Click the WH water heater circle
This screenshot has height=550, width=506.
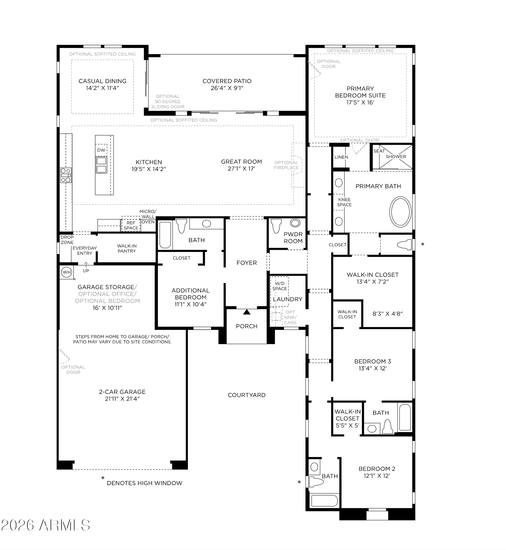tap(67, 272)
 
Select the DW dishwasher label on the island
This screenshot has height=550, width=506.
tap(101, 150)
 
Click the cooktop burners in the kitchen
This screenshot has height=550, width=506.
tap(66, 175)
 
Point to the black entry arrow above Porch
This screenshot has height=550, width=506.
tap(247, 312)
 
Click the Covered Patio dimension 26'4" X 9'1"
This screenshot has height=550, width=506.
tap(227, 88)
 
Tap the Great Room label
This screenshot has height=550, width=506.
tap(241, 162)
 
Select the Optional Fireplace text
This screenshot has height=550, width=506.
tap(286, 165)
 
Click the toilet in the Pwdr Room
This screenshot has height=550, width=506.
tap(276, 226)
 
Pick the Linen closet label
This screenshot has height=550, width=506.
tap(341, 157)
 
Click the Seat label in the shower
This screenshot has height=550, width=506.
tap(379, 151)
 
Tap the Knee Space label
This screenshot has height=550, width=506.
tap(344, 202)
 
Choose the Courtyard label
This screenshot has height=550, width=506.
tap(247, 395)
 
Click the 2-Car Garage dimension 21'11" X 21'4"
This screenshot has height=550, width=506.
tap(122, 399)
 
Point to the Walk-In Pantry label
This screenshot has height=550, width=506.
tap(127, 248)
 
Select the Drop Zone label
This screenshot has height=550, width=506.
tap(67, 240)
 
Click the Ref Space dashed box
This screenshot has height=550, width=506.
tap(131, 224)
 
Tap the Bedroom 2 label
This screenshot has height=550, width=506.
tap(377, 469)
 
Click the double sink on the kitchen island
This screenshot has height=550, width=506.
tap(102, 165)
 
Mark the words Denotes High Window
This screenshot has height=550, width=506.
tap(145, 483)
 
